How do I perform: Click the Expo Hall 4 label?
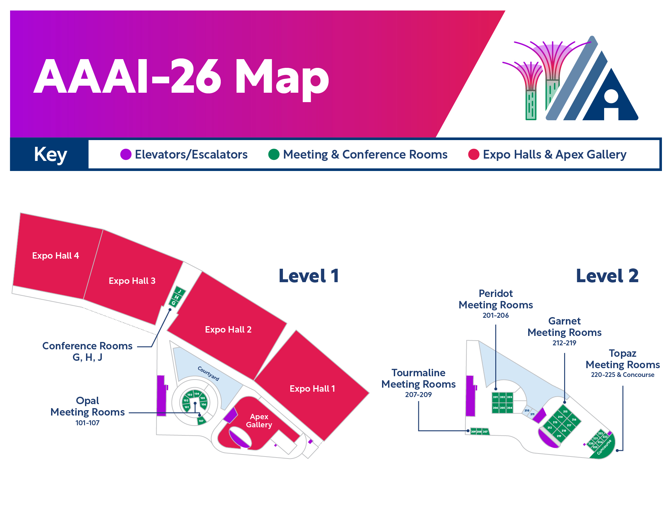coord(55,256)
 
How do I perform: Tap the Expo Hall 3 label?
coord(132,281)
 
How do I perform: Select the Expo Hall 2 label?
coord(228,330)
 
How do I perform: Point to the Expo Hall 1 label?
coord(312,389)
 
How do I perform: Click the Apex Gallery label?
coord(259,421)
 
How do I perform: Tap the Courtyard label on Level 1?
coord(208,374)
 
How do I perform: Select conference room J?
coord(180,291)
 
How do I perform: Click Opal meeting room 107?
coord(201,421)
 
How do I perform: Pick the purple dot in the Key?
coord(126,155)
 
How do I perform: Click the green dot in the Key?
coord(274,155)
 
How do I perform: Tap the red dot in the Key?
coord(473,155)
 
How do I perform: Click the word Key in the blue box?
coord(50,155)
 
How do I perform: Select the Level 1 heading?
coord(308,276)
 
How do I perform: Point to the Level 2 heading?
coord(607,276)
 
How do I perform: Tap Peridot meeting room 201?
coord(495,397)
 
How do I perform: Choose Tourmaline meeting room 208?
coord(479,432)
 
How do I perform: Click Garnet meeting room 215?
coord(565,412)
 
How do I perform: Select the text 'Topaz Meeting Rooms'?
coord(623,359)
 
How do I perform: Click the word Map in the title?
coord(282,77)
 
